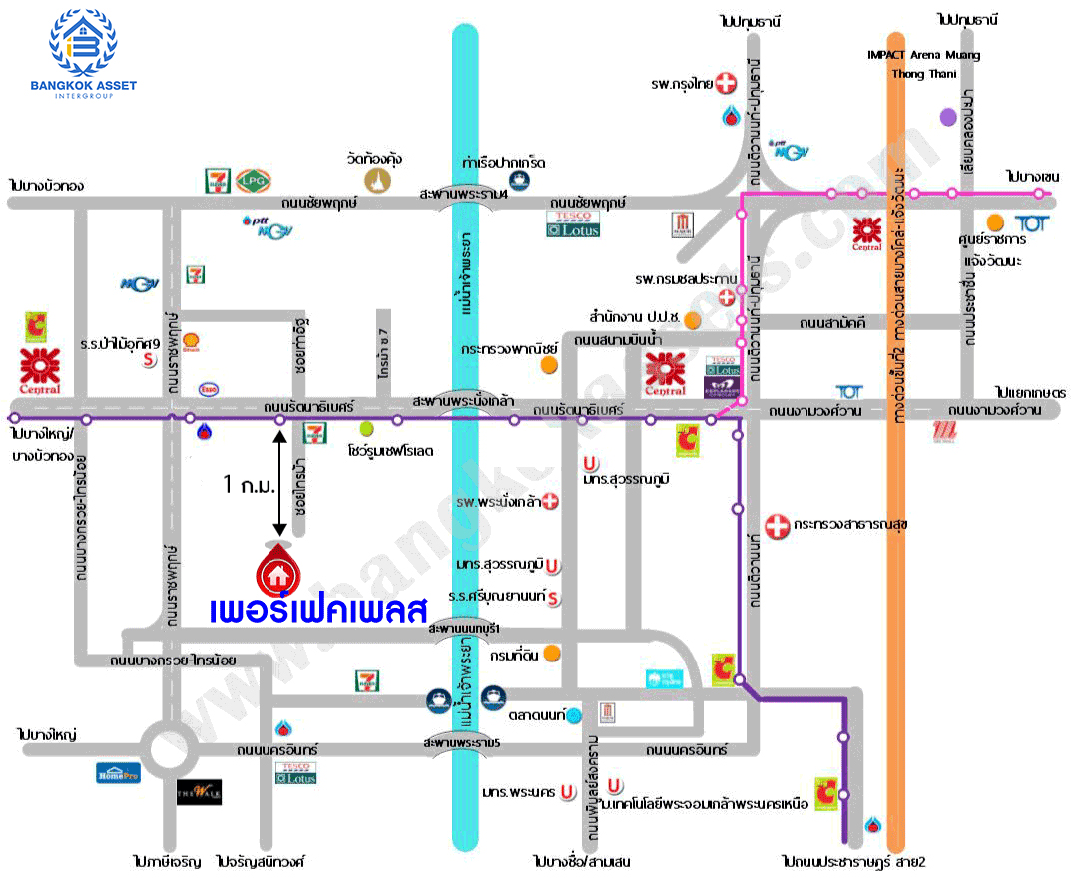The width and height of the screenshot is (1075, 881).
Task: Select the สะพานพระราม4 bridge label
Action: pyautogui.click(x=464, y=194)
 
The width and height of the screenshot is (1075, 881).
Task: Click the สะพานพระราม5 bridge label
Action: pyautogui.click(x=460, y=743)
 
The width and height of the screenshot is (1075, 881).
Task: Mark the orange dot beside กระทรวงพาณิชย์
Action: pyautogui.click(x=548, y=364)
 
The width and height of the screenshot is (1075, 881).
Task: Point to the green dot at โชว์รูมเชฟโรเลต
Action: pyautogui.click(x=366, y=429)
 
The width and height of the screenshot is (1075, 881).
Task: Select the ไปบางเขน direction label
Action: pyautogui.click(x=1032, y=176)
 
